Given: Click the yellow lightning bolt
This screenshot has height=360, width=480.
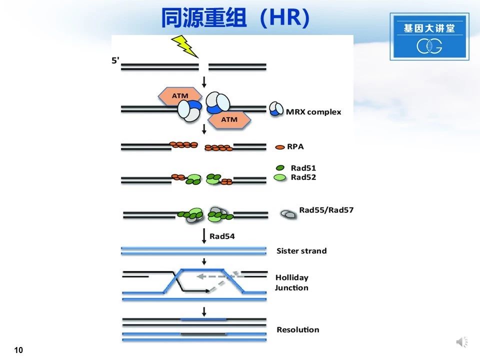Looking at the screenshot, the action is tap(185, 46).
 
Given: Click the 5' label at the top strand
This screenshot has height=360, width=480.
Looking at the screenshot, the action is tap(115, 60).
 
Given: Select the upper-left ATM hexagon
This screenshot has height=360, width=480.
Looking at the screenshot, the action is tap(179, 96).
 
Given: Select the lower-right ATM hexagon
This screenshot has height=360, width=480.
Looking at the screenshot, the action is tap(229, 119).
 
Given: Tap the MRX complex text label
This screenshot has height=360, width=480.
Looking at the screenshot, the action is tap(313, 112).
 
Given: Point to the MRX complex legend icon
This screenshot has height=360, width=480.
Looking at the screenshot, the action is tap(276, 109).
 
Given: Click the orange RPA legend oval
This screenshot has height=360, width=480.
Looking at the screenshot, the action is tap(280, 147).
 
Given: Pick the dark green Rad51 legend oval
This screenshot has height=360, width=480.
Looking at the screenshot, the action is tap(280, 168).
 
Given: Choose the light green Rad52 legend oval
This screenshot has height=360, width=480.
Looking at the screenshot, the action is tap(280, 177).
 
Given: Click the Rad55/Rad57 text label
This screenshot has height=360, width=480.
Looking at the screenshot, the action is tap(326, 210).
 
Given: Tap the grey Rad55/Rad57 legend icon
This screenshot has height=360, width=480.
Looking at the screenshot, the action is tap(288, 214).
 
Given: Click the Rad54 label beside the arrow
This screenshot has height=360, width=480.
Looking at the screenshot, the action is tap(222, 236).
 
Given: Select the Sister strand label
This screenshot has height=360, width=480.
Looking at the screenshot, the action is tap(301, 251).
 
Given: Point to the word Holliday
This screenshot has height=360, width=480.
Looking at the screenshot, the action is tap(292, 277).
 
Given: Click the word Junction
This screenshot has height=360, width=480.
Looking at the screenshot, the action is tap(291, 288).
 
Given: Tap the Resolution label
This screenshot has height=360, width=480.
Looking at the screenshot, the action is tap(298, 329).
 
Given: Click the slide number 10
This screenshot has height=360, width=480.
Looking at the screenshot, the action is tap(18, 350).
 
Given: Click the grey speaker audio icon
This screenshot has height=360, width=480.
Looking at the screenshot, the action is tap(462, 341).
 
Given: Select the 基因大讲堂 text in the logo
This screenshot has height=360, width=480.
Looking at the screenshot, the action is tap(429, 28).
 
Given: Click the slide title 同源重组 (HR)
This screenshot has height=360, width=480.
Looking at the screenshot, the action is tap(235, 18).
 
